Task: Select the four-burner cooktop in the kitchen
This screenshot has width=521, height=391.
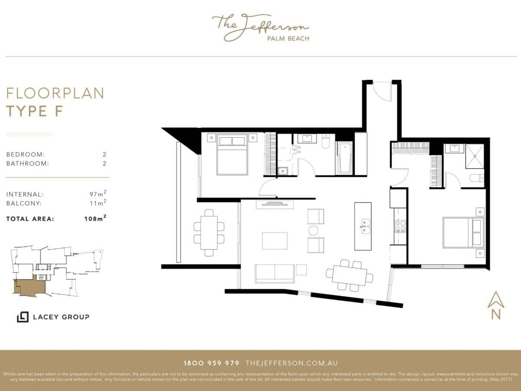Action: (399, 226)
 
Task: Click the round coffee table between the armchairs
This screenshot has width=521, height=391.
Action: (313, 230)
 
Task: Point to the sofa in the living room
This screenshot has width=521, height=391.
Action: (274, 273)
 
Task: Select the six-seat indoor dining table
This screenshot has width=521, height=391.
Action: (350, 275)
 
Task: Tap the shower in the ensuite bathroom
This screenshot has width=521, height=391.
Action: (475, 156)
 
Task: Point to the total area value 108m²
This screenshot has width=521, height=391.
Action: (95, 219)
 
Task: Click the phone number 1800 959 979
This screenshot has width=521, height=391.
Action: (211, 363)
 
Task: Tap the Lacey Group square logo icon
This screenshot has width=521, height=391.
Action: (23, 317)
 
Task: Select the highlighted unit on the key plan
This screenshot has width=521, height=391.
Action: (30, 287)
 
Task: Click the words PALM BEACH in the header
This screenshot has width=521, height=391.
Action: (288, 38)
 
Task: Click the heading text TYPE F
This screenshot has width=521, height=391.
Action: (35, 111)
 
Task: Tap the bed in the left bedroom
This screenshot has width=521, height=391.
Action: (232, 155)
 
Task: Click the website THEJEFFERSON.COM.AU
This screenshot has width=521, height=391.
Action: (291, 363)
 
